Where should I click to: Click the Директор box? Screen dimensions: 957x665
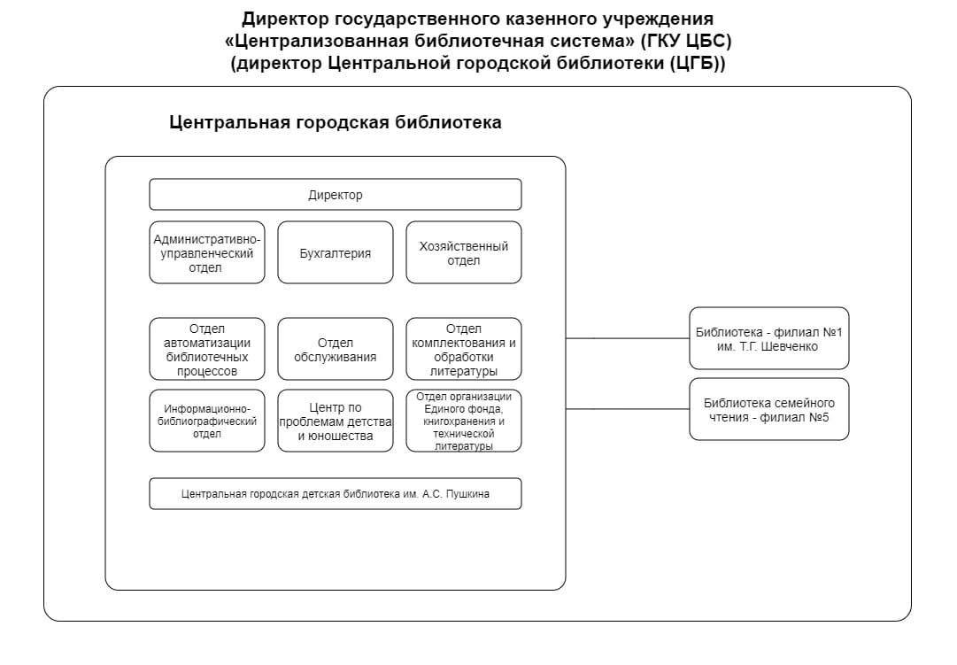(x=335, y=194)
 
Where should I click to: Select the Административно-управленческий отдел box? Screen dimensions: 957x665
(x=207, y=252)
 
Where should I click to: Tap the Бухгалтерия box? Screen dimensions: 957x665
(x=335, y=252)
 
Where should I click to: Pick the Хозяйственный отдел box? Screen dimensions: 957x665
(x=464, y=252)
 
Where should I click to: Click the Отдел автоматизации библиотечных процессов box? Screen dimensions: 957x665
(x=207, y=349)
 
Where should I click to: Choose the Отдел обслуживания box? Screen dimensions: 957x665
(x=335, y=349)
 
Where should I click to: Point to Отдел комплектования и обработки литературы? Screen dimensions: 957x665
(x=464, y=349)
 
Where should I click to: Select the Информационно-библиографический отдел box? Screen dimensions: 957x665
(x=207, y=421)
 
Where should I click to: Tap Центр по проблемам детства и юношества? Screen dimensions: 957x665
(x=335, y=421)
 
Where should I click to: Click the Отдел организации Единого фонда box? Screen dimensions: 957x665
(x=464, y=421)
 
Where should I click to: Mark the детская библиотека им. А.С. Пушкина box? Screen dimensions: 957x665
(x=335, y=493)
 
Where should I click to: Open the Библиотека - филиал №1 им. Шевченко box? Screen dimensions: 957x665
(x=769, y=338)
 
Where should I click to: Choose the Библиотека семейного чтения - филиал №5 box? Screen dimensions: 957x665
(x=769, y=409)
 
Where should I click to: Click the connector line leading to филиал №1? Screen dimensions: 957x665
(x=628, y=338)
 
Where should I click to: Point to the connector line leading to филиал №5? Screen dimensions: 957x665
(x=628, y=409)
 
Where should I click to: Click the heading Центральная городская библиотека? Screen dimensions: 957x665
(x=335, y=122)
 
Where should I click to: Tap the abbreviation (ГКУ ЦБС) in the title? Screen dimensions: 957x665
(x=686, y=41)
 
